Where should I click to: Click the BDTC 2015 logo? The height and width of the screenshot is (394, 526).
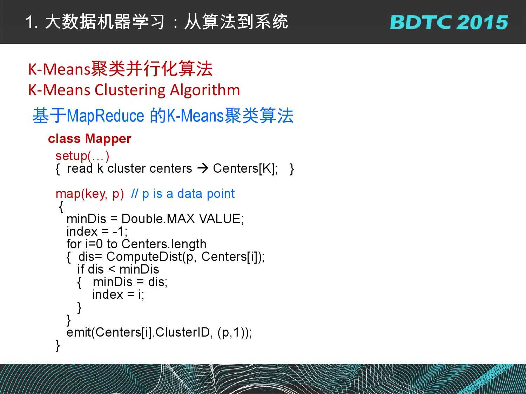pos(449,22)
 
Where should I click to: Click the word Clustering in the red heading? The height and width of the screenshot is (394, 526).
pos(130,91)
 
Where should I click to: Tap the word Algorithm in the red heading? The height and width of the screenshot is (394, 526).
pos(205,90)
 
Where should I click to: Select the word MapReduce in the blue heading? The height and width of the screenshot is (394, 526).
pos(106,116)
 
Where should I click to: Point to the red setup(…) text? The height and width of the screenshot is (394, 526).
pos(82,156)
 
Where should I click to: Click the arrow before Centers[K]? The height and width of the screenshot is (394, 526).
pos(203,168)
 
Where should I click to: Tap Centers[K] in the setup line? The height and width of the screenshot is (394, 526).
pos(245,169)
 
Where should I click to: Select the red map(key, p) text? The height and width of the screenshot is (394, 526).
pos(90,194)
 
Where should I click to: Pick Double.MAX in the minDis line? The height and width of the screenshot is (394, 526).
pos(158,219)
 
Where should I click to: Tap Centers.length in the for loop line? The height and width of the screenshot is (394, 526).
pos(164,244)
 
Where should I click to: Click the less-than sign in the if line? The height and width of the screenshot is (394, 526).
pos(112,269)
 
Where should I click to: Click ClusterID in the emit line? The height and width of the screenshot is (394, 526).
pos(182,332)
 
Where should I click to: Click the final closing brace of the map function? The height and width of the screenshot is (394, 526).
pos(58,346)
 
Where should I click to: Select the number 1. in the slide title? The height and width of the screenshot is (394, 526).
pos(32,22)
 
